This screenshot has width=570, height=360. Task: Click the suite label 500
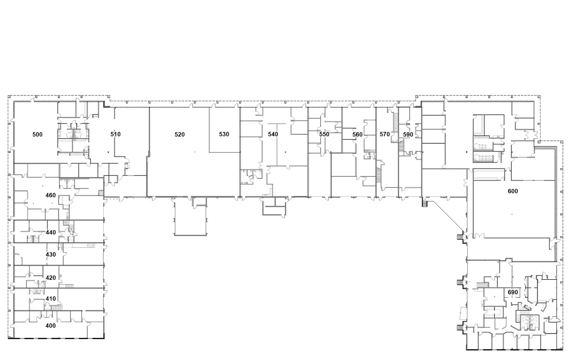tap(37, 134)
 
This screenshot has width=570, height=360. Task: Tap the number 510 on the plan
tap(115, 134)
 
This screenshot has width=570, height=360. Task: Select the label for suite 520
tap(180, 134)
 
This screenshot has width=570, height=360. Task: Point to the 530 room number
tap(224, 134)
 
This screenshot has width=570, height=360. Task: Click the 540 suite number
tap(273, 134)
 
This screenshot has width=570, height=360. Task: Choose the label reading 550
tap(325, 134)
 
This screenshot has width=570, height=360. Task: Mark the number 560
tap(358, 134)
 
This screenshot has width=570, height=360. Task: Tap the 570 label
tap(385, 134)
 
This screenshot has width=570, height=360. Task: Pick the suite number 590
tap(408, 134)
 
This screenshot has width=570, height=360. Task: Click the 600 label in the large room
tap(513, 191)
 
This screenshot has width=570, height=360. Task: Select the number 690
tap(513, 292)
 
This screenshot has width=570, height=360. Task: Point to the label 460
tap(51, 195)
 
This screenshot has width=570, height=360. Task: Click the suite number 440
tap(51, 232)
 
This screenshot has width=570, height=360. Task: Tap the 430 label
tap(51, 254)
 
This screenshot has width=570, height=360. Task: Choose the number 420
tap(51, 278)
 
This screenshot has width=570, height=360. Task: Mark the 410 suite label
tap(51, 299)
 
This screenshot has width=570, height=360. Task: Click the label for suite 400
tap(51, 326)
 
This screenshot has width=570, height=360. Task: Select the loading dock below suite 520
tap(190, 216)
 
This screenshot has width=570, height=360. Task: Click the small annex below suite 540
tap(274, 207)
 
